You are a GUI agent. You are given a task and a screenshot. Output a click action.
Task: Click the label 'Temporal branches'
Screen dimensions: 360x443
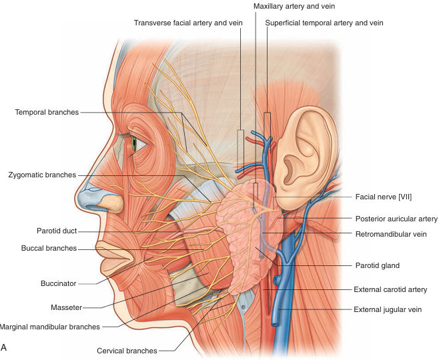[x=47, y=112]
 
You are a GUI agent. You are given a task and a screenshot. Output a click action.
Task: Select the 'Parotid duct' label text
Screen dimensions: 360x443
[x=57, y=231]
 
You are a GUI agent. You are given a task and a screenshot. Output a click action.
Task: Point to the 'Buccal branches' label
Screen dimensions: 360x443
[x=49, y=249]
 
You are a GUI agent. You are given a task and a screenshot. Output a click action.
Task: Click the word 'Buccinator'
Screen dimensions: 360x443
[x=57, y=283]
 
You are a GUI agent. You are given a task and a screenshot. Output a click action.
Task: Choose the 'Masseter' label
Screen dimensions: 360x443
[x=67, y=307]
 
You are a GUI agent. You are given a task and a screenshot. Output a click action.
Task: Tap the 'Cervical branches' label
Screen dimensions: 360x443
[x=127, y=350]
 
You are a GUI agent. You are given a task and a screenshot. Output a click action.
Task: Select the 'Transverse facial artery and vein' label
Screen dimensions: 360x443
[x=187, y=23]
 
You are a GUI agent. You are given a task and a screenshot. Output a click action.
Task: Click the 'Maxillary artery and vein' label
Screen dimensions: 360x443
[x=294, y=6]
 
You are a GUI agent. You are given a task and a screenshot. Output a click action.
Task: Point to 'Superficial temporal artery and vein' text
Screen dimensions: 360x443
[x=324, y=23]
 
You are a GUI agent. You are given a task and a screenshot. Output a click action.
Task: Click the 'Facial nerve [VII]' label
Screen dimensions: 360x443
[x=383, y=197]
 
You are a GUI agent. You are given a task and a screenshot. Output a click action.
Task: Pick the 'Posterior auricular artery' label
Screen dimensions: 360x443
[x=396, y=219]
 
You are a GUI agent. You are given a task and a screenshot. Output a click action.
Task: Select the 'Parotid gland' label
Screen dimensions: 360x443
[x=378, y=265]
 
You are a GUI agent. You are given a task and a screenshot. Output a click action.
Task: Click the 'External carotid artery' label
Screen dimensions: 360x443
[x=390, y=290]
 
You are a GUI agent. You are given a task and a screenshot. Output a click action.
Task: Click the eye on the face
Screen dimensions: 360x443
[x=134, y=143]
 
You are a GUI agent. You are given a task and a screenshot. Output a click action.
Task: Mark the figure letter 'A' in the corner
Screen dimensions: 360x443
[x=5, y=347]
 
